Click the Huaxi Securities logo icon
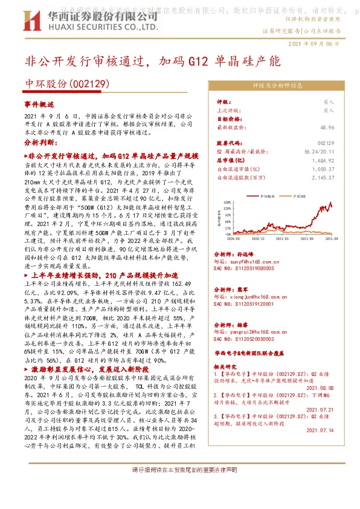(31, 22)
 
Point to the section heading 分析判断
(39, 143)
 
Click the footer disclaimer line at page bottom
(180, 487)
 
